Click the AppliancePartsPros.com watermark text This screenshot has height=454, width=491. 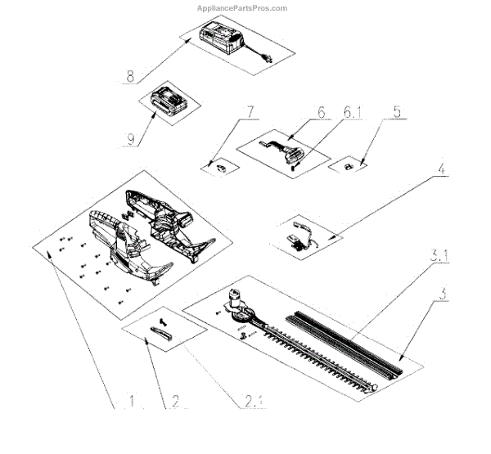[242, 8]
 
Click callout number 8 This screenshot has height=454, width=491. [129, 79]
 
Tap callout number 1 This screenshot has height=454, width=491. [131, 402]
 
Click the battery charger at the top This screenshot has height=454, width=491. [222, 38]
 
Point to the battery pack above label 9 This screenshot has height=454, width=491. [169, 101]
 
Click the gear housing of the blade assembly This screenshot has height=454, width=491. [237, 308]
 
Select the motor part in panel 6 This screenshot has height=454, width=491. [286, 153]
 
